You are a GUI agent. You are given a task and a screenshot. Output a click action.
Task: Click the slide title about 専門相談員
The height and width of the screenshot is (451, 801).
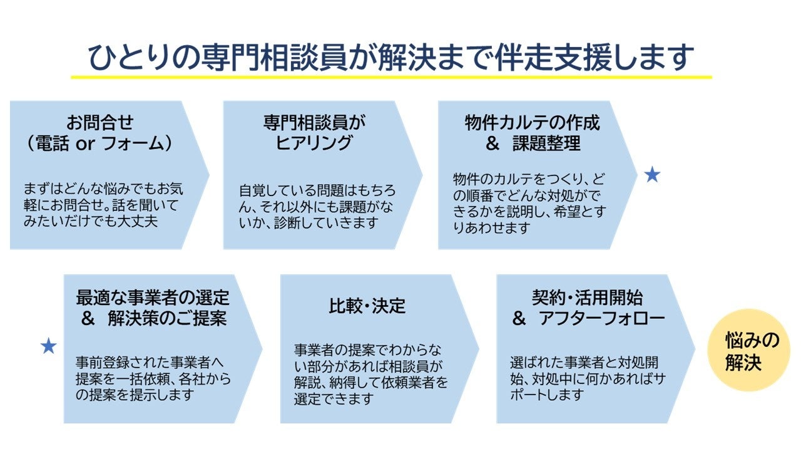391,57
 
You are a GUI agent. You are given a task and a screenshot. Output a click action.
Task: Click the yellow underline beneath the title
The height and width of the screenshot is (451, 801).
391,77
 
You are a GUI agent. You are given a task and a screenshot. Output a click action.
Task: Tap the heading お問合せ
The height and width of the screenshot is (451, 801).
100,122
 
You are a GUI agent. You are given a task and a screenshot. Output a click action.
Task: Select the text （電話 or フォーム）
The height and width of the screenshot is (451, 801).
100,143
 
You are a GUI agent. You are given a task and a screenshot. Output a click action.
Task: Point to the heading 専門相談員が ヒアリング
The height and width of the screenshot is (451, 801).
314,132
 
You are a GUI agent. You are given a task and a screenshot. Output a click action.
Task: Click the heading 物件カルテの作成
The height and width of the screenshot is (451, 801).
532,122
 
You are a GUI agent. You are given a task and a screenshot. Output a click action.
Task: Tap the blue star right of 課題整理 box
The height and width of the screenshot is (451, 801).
652,176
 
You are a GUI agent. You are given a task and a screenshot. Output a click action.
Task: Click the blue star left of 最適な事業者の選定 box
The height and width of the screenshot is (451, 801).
48,346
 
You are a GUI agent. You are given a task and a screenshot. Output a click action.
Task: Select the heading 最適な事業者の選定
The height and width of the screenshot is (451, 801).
153,296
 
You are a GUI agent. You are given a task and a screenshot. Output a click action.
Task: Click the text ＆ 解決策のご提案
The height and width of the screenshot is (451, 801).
153,318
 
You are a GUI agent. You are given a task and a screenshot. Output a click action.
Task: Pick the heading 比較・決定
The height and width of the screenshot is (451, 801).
367,306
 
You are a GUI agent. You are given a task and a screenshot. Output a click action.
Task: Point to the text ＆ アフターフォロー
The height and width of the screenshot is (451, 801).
588,318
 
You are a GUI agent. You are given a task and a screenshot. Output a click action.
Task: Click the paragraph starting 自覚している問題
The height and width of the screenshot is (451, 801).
317,206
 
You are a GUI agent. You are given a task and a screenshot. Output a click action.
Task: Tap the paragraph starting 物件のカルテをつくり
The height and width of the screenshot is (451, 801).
529,202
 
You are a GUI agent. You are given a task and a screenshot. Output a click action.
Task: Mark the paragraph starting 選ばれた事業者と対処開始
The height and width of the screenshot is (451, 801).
584,378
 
